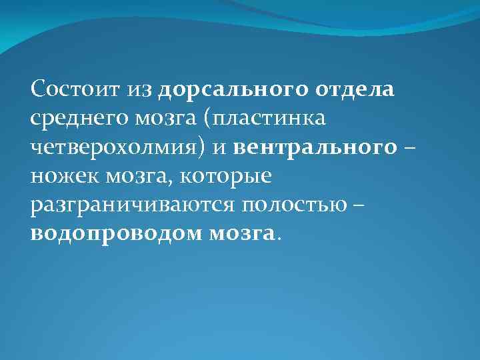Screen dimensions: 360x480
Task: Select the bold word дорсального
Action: (x=223, y=89)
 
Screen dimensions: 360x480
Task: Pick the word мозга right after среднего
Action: (x=148, y=119)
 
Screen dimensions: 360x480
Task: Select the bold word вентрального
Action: (x=315, y=148)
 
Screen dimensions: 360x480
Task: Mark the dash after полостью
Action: (x=359, y=206)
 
